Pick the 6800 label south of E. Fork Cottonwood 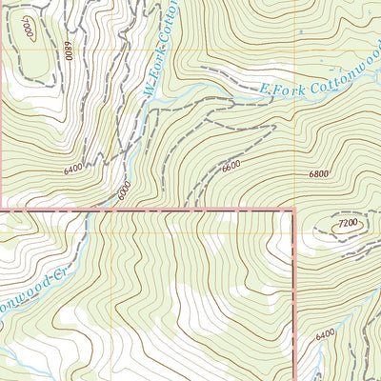click(318, 174)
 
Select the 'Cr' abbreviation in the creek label click(58, 271)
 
